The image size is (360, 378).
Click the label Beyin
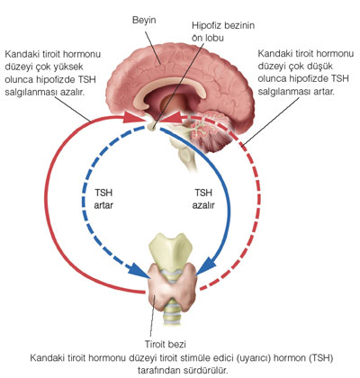click(x=144, y=21)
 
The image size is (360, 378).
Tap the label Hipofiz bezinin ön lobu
click(x=223, y=31)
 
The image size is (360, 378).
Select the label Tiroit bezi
click(x=166, y=344)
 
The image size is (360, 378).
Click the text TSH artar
click(x=103, y=199)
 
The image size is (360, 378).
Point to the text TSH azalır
click(x=203, y=199)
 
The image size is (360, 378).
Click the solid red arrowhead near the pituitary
click(x=133, y=117)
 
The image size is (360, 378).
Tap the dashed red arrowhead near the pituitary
click(x=169, y=117)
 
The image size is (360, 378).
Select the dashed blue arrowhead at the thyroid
click(x=138, y=271)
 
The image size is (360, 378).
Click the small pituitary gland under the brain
click(x=152, y=126)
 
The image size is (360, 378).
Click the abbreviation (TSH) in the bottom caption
click(x=321, y=357)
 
